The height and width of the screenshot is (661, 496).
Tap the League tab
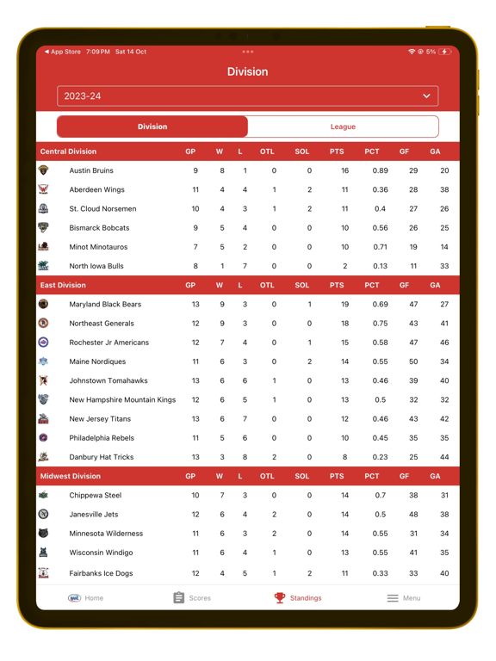pos(343,127)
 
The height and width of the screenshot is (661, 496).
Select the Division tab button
pos(152,127)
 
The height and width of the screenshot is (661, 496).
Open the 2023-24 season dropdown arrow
pos(426,96)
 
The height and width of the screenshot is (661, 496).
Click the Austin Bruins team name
pos(91,171)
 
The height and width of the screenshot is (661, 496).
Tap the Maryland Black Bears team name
pos(105,305)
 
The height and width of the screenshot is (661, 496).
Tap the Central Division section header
pos(69,151)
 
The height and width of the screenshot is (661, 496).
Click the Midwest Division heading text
pos(71,476)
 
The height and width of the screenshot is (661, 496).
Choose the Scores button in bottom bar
pos(191,598)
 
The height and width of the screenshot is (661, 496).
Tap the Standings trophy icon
pos(280,597)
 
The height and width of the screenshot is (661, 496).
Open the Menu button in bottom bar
pos(403,598)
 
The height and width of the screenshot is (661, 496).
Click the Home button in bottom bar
pos(86,598)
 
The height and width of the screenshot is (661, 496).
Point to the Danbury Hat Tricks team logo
pos(43,457)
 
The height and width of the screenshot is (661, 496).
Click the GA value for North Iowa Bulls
pos(444,267)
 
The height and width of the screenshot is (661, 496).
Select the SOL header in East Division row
pos(301,285)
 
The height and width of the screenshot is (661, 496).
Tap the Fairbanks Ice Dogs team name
pos(101,572)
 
